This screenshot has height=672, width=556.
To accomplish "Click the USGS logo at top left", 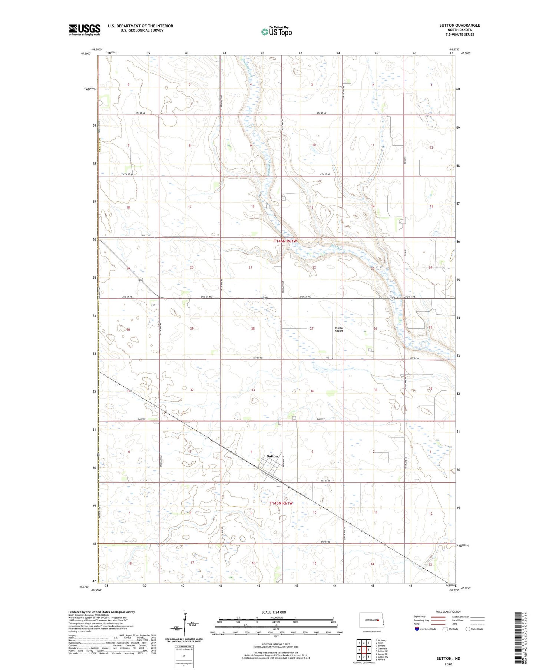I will point(85,30).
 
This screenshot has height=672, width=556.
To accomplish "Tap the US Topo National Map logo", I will point(276,32).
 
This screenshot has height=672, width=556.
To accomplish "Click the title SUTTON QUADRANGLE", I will point(459,25).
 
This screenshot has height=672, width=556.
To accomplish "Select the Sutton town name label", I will point(272,456).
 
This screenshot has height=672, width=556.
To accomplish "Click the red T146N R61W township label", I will point(285,241).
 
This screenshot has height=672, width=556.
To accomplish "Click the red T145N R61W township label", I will point(281,503).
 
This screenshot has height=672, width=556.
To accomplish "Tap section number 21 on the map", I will point(251,267).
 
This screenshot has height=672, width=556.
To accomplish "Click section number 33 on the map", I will point(253,390).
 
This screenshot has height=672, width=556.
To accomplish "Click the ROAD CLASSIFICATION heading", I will point(449,612).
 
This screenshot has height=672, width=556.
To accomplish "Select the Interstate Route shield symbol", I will point(417,629).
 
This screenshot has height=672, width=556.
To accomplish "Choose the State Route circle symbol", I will point(468,629).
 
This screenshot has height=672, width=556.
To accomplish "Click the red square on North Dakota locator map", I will point(378,620).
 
